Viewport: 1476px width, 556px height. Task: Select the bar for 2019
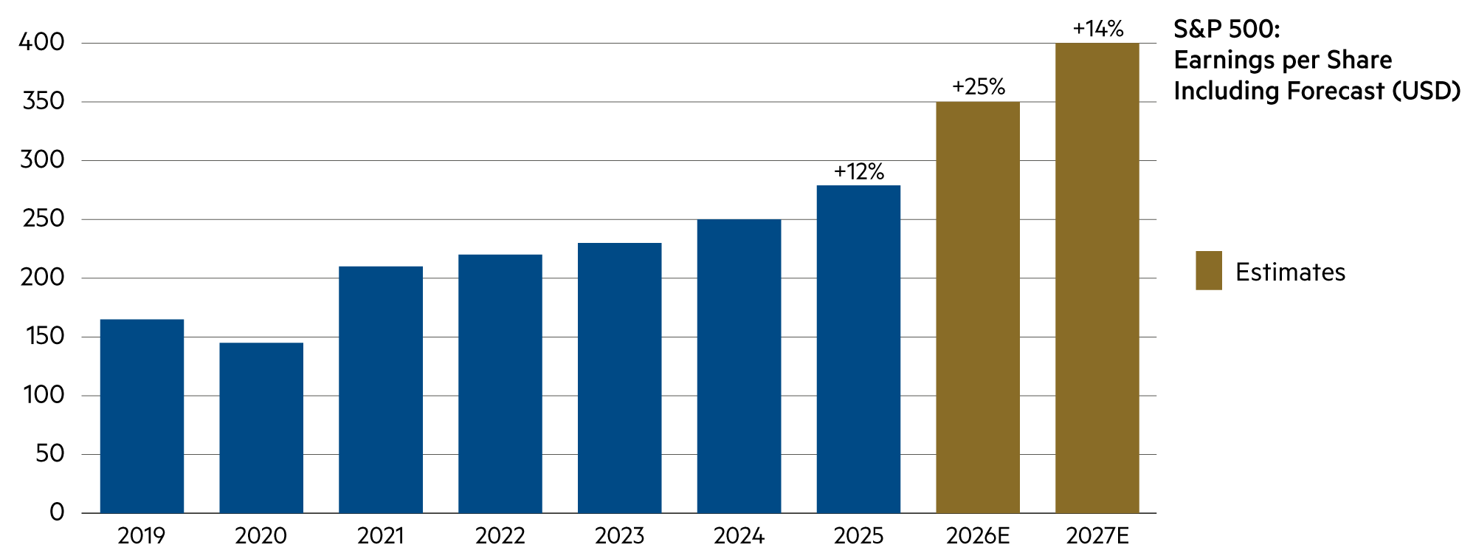point(142,416)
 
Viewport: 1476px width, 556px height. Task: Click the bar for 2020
point(261,428)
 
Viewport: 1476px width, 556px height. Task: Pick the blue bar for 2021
point(381,390)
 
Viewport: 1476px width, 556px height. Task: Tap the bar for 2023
point(620,378)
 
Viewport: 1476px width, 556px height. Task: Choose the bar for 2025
point(858,349)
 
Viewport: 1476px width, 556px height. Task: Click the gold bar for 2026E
point(978,307)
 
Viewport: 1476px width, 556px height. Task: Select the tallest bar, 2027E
point(1097,278)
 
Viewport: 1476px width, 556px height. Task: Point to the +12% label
point(859,171)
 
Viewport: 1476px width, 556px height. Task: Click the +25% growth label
point(979,87)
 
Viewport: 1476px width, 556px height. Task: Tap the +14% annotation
point(1098,29)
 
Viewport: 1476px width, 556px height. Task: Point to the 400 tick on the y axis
point(41,42)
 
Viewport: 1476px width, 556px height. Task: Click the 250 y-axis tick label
point(43,219)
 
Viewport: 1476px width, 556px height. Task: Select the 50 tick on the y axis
point(50,453)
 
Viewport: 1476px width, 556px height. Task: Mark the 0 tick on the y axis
point(57,512)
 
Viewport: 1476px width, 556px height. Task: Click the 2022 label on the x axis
point(500,535)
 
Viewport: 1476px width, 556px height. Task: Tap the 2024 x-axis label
point(739,535)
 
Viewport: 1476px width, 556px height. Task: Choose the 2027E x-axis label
point(1097,535)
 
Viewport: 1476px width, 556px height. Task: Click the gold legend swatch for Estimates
point(1209,270)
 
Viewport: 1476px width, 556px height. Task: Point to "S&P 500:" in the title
point(1227,29)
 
